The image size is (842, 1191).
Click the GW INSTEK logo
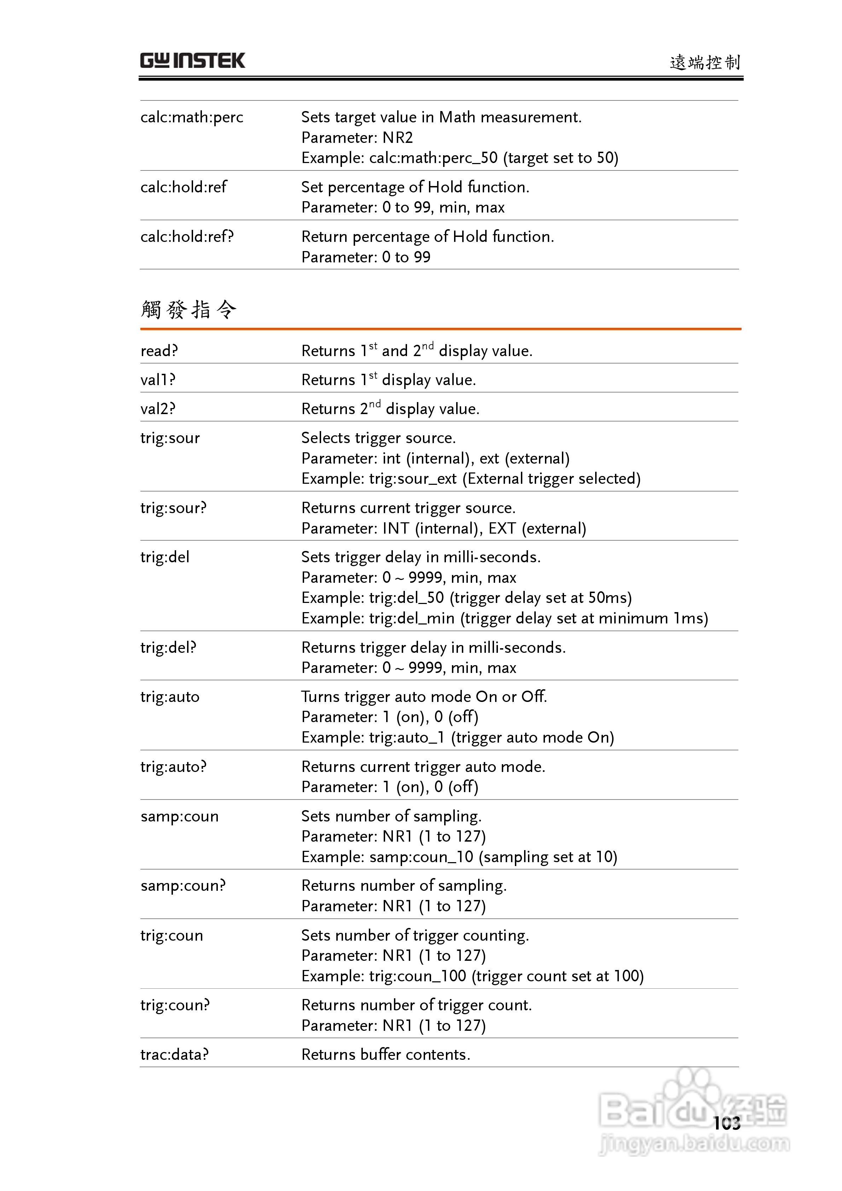[192, 61]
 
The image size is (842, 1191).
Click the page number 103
[726, 1123]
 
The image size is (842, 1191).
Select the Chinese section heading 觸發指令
[189, 310]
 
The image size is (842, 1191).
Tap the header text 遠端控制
[704, 63]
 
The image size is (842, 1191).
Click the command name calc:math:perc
[191, 118]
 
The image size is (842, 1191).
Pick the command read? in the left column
[159, 351]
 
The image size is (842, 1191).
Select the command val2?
[158, 409]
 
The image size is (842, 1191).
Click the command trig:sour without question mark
[170, 438]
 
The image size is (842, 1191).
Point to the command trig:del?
[168, 647]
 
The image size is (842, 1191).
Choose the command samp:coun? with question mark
[182, 885]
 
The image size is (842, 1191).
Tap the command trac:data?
[174, 1055]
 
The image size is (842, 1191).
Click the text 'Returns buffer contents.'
[385, 1055]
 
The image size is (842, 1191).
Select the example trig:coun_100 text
[472, 976]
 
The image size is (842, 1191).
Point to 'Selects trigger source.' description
[378, 438]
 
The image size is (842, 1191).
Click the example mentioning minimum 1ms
[504, 618]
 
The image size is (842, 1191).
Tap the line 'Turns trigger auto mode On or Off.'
[424, 697]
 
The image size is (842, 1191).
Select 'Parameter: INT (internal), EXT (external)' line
[443, 529]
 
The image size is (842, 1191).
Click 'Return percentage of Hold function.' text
[428, 237]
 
